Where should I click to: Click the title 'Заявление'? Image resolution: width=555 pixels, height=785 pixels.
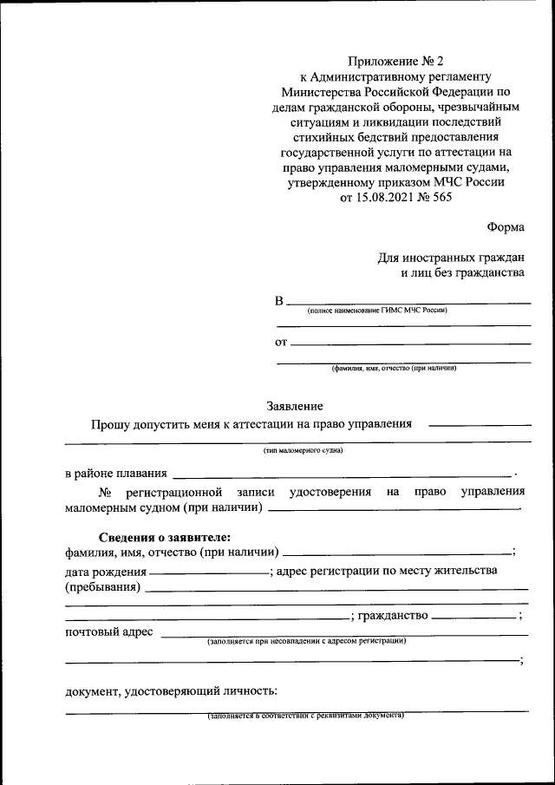tap(295, 406)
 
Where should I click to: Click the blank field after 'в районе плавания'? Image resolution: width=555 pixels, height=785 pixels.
tap(343, 476)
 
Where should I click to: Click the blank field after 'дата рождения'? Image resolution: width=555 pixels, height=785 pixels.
tap(209, 573)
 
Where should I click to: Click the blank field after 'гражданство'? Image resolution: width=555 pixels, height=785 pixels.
tap(473, 618)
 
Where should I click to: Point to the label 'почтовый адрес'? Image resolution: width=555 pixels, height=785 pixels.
tap(109, 631)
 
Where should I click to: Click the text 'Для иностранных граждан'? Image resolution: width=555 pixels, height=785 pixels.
tap(451, 258)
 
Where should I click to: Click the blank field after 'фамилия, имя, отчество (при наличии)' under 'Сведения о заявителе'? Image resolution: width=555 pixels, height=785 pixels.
tap(397, 553)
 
